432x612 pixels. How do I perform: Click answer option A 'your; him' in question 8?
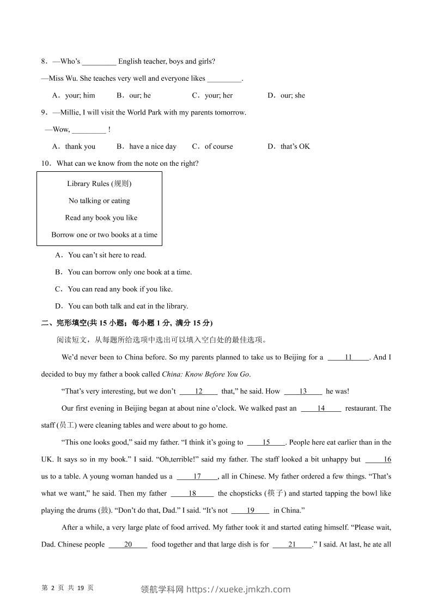(74, 95)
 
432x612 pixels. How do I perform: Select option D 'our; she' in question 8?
(287, 95)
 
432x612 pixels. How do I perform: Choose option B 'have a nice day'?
(147, 146)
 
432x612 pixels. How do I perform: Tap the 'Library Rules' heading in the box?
(99, 184)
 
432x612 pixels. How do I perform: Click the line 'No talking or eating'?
(99, 201)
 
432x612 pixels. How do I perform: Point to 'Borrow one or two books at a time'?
(104, 235)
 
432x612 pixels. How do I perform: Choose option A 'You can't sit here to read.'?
(101, 255)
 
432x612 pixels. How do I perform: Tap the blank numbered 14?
(321, 408)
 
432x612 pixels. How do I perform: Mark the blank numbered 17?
(197, 476)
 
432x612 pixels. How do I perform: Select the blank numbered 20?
(128, 544)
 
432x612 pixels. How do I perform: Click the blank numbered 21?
(292, 544)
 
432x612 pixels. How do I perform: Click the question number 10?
(46, 164)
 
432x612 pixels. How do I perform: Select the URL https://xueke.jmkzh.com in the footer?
(239, 589)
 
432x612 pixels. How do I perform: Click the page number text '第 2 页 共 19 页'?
(68, 588)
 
